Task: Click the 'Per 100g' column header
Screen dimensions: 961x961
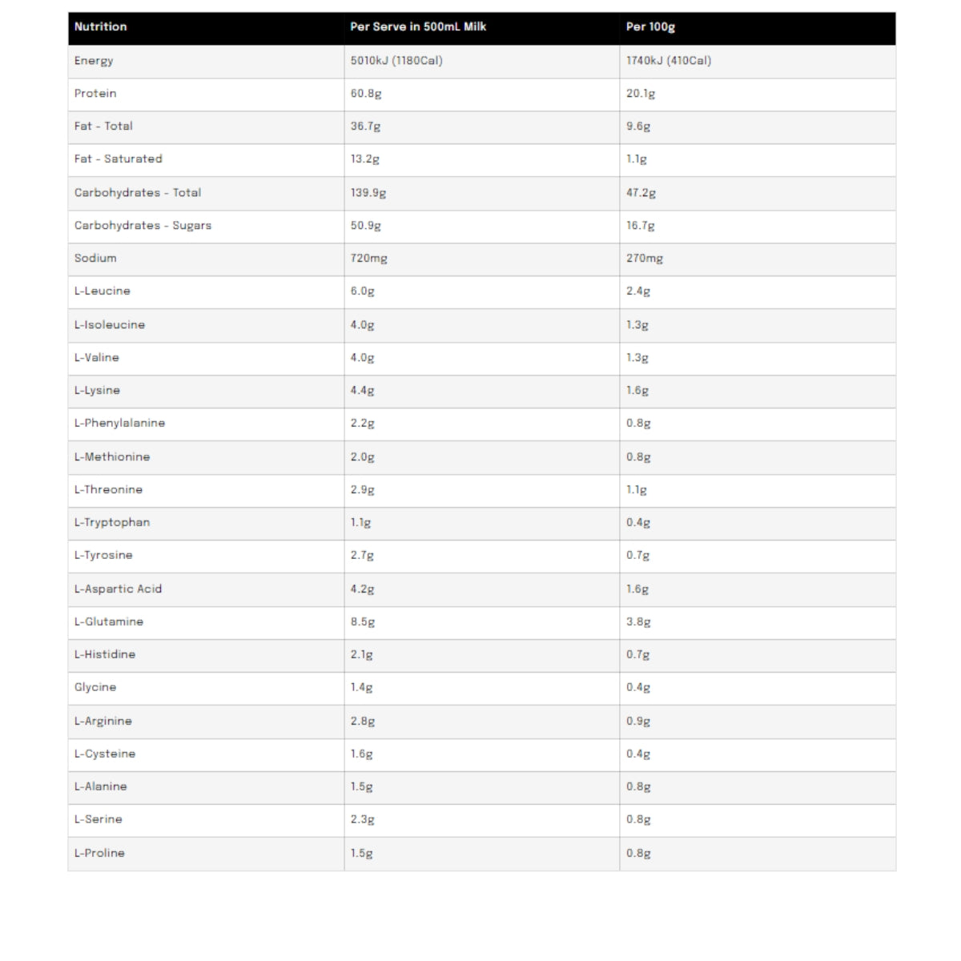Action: pos(650,26)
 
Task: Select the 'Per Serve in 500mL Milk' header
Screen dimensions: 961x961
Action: pos(418,26)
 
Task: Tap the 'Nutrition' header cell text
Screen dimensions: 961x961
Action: pos(100,26)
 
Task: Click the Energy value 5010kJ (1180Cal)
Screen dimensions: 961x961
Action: pos(396,60)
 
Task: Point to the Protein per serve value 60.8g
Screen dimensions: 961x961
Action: pos(366,93)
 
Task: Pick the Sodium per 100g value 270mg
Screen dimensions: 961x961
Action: pos(645,258)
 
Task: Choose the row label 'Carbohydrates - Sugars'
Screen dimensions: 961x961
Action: pos(143,225)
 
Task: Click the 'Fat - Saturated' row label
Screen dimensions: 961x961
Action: pos(118,159)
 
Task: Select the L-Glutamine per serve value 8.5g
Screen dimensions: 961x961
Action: pos(362,621)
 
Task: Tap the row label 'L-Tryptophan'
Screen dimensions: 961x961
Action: pos(112,522)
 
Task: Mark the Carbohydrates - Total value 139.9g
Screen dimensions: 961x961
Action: pos(368,192)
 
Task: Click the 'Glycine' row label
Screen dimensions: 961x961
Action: pos(95,687)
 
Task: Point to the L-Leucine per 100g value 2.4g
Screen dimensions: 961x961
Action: pos(638,291)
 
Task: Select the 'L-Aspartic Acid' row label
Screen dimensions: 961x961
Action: pos(118,589)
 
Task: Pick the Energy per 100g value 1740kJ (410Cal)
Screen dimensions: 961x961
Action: pos(669,60)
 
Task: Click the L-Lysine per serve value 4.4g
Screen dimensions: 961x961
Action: pos(362,390)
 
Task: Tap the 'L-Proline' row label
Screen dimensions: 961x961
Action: pos(99,853)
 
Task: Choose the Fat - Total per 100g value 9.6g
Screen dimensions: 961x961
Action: pos(638,126)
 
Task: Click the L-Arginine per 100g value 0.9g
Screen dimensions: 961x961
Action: pos(638,721)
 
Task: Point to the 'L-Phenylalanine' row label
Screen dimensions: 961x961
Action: pos(119,423)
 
